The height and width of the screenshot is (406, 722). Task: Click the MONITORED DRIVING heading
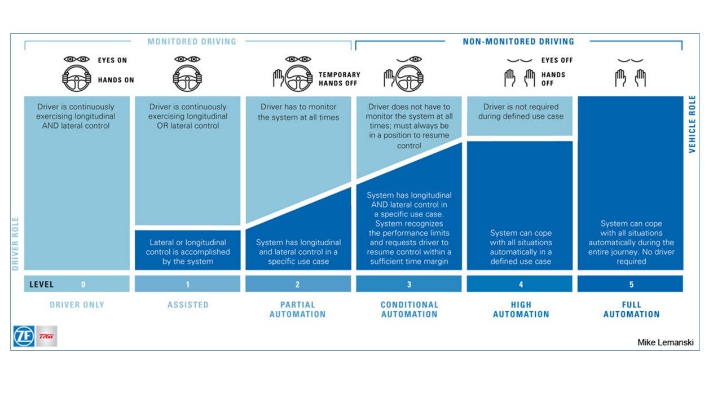(x=192, y=42)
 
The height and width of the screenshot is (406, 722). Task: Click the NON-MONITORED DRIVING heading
(x=518, y=42)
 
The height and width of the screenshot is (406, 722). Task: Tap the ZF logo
(x=24, y=336)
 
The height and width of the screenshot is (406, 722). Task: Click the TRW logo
(x=46, y=336)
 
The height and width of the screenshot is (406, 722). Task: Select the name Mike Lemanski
(x=666, y=342)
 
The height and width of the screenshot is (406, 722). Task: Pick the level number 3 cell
(x=409, y=284)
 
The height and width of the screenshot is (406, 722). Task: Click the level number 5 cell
(x=631, y=284)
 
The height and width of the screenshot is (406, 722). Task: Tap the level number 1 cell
(x=188, y=284)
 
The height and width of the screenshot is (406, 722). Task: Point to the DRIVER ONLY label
(x=77, y=304)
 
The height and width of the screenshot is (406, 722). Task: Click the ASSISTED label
(x=188, y=304)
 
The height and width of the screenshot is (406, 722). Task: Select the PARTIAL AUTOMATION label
(x=297, y=309)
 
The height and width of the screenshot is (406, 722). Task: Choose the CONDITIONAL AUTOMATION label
(x=409, y=309)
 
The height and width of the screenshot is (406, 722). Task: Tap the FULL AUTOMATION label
(x=631, y=309)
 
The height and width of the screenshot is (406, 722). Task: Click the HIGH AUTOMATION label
(x=521, y=309)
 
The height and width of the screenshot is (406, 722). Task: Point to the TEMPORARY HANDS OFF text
(x=339, y=79)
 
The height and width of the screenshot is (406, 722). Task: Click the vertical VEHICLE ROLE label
(x=693, y=124)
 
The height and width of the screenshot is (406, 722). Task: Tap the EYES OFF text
(x=557, y=60)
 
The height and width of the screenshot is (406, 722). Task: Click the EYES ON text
(x=113, y=60)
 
